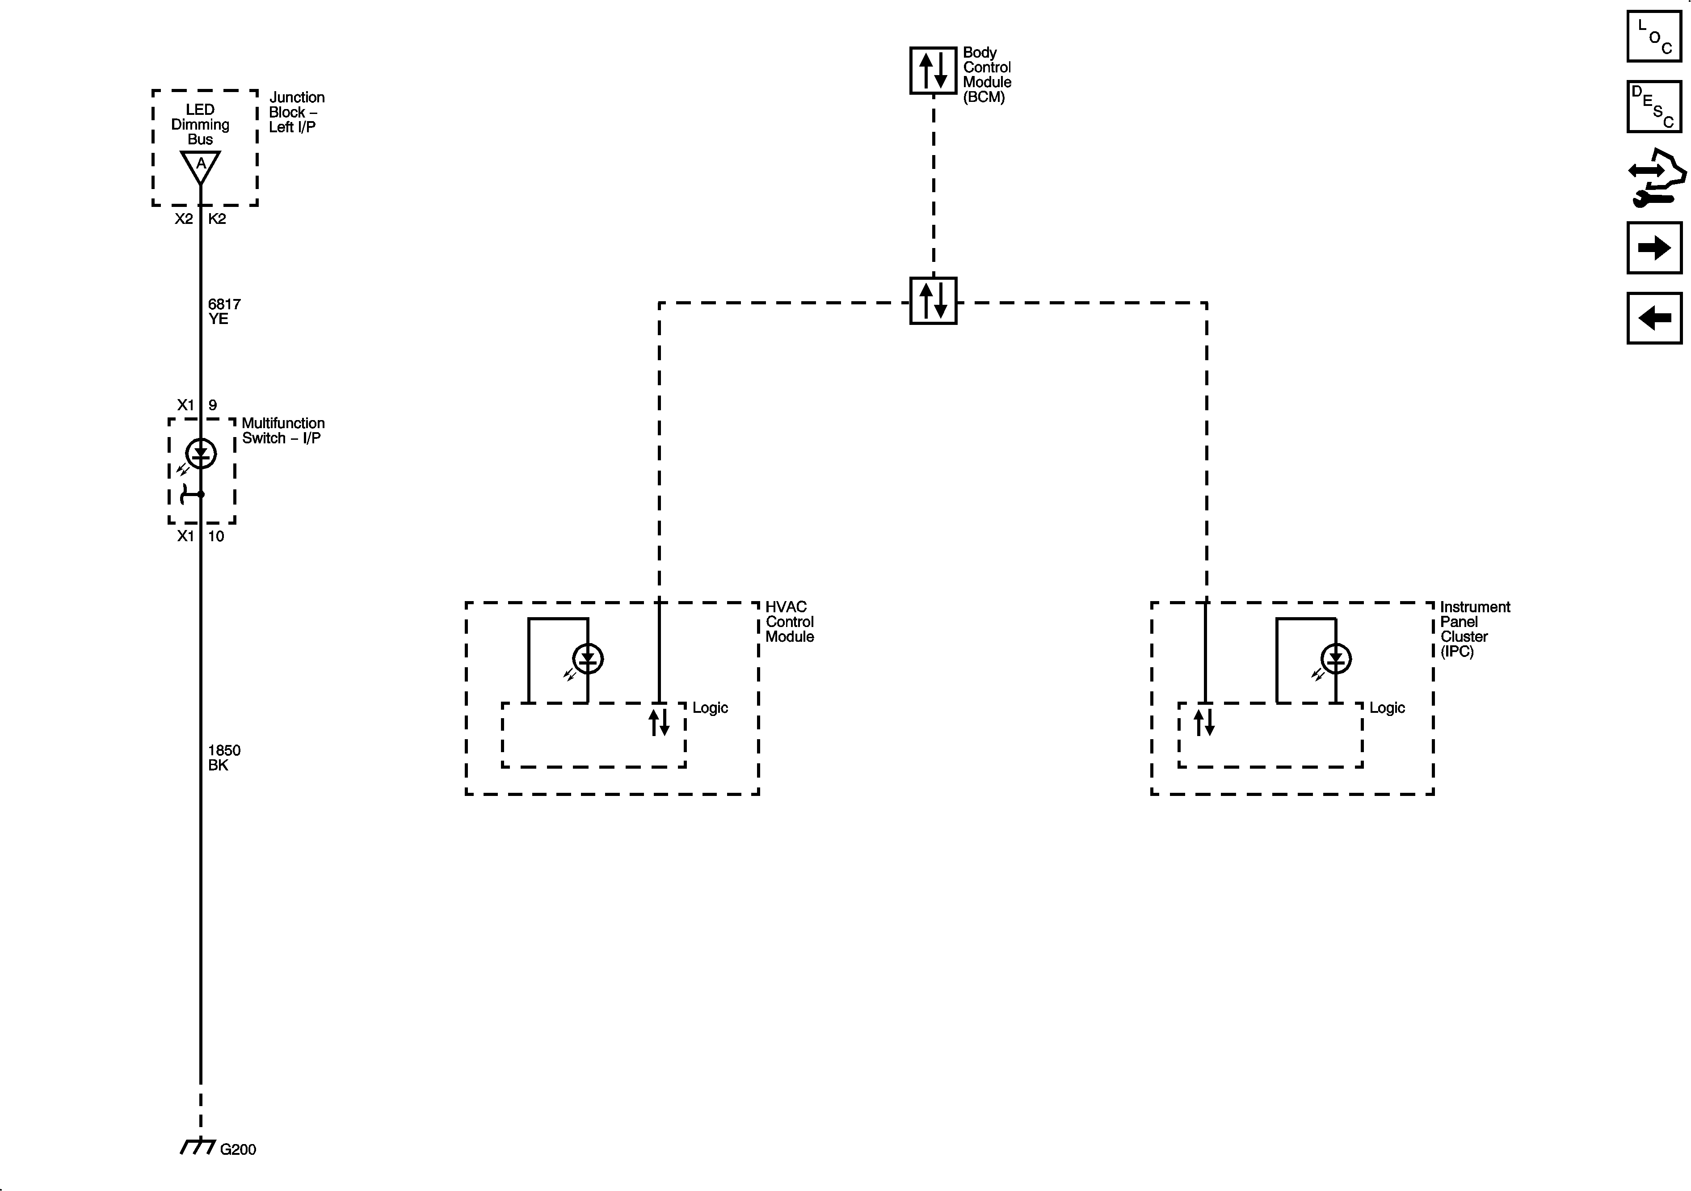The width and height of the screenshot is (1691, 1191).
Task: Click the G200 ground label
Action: coord(237,1149)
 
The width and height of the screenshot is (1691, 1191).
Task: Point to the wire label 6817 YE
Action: coord(224,311)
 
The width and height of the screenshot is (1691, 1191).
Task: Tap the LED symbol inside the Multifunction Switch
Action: coord(200,453)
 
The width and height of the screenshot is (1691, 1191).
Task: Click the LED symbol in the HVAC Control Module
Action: coord(588,658)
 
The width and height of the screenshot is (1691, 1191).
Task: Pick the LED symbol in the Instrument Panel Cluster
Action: coord(1336,658)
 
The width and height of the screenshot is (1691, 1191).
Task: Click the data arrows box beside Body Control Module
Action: coord(933,71)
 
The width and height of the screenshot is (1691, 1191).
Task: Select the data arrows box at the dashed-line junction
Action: coord(933,300)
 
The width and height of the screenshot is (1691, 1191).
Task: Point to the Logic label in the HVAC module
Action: coord(710,708)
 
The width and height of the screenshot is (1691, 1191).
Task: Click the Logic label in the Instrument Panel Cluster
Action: coord(1387,708)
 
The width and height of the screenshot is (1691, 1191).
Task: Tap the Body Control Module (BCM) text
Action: coord(987,74)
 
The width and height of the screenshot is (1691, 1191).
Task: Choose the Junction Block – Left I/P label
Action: coord(296,112)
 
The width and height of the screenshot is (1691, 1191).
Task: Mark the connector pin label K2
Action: coord(217,219)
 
